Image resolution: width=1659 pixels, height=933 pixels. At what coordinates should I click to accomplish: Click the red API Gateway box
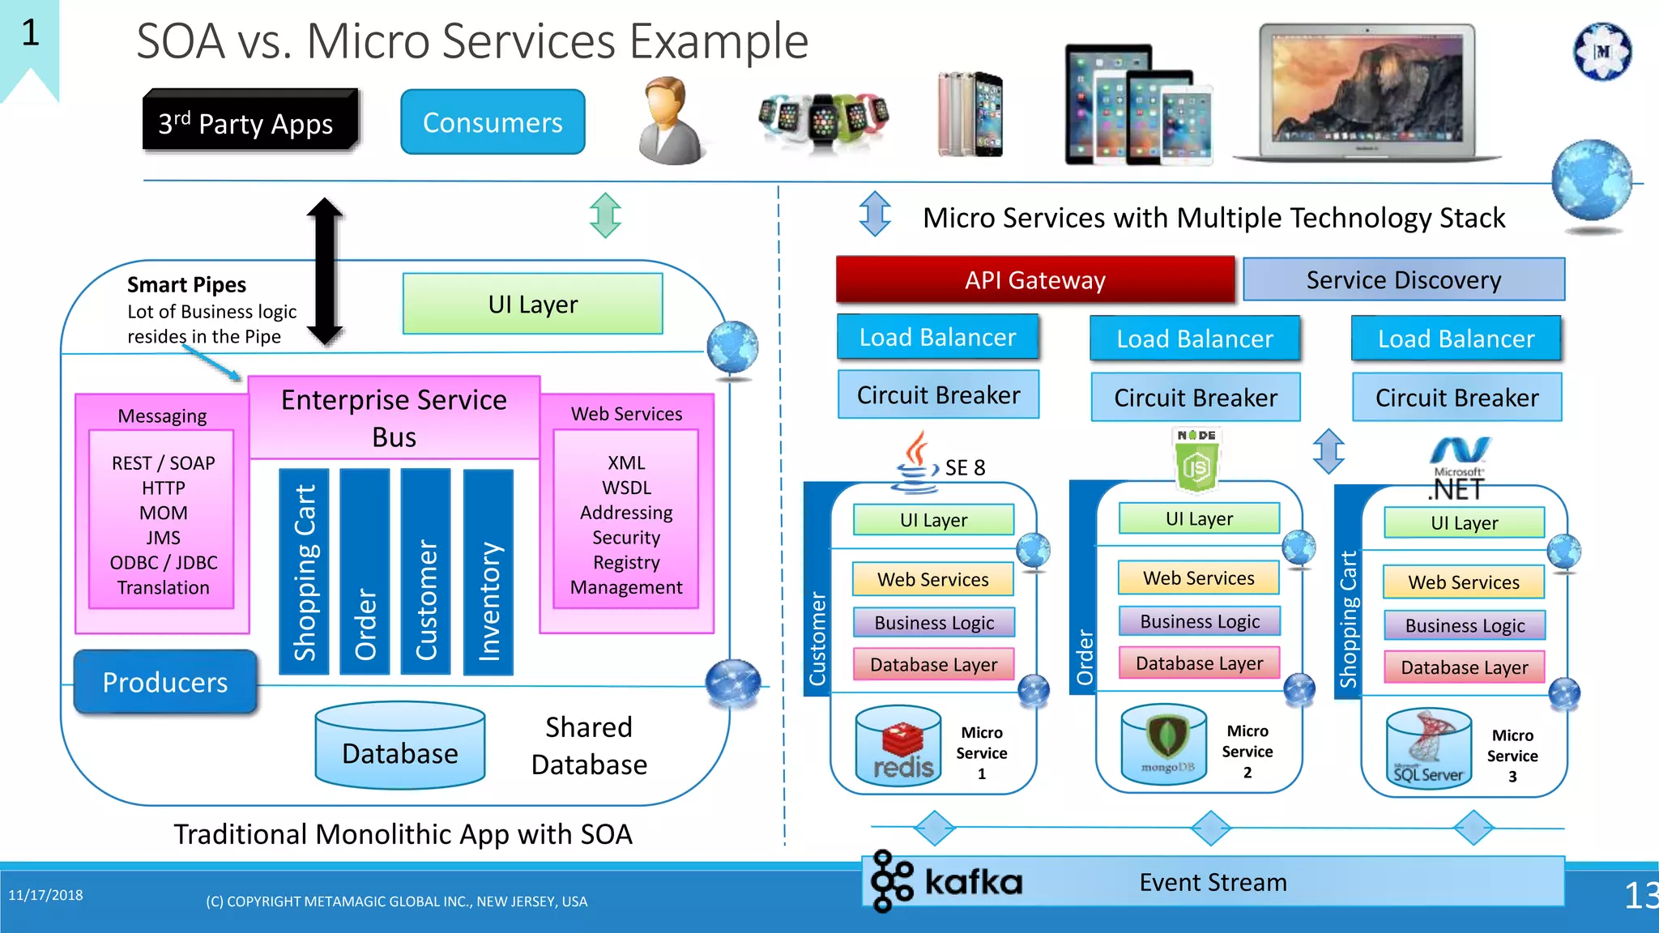click(x=1034, y=279)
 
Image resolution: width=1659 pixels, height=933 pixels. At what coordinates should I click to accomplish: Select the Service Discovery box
click(x=1403, y=279)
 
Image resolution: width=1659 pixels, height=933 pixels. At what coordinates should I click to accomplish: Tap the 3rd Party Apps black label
click(x=249, y=122)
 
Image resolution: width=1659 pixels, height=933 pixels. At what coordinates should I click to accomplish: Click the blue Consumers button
click(x=493, y=122)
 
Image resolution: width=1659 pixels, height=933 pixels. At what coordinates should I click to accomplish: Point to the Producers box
click(x=165, y=682)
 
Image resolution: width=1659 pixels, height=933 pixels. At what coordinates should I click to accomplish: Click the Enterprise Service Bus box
click(x=394, y=418)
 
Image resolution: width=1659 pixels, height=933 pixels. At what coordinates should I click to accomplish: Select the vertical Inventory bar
click(x=488, y=572)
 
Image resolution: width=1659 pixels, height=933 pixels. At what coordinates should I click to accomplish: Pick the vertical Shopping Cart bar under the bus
click(x=304, y=572)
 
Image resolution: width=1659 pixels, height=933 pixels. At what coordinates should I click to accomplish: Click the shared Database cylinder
click(x=399, y=746)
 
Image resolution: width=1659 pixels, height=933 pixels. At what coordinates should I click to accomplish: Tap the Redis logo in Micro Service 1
click(x=900, y=750)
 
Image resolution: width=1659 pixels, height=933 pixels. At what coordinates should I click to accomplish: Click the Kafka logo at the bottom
click(x=946, y=881)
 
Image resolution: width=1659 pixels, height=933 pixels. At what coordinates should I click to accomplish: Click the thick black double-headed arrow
click(x=325, y=271)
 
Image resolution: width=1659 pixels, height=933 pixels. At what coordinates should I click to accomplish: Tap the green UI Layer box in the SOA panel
click(x=532, y=304)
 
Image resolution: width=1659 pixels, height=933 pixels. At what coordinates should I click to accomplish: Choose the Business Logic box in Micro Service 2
click(x=1199, y=621)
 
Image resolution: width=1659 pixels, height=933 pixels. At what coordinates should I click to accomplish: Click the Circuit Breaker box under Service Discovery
click(x=1456, y=397)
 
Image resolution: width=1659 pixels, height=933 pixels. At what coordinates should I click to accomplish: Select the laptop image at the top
click(x=1367, y=91)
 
